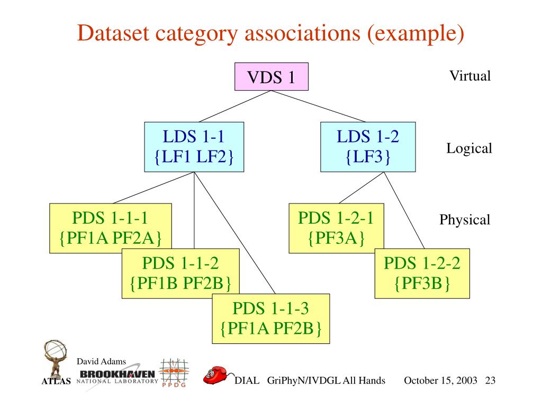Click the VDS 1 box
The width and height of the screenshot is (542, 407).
(x=271, y=77)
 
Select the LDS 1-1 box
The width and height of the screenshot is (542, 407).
(x=194, y=147)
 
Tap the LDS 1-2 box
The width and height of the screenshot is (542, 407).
(x=368, y=147)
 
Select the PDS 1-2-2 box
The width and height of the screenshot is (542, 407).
(x=422, y=273)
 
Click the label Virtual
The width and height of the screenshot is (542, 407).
(x=470, y=76)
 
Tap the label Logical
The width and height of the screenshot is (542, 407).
(x=469, y=148)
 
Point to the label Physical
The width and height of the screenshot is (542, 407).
(x=465, y=219)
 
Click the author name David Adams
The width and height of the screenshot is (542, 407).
(x=102, y=361)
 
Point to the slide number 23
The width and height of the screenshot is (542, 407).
(x=490, y=381)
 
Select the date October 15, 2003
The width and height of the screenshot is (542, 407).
(x=440, y=381)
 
